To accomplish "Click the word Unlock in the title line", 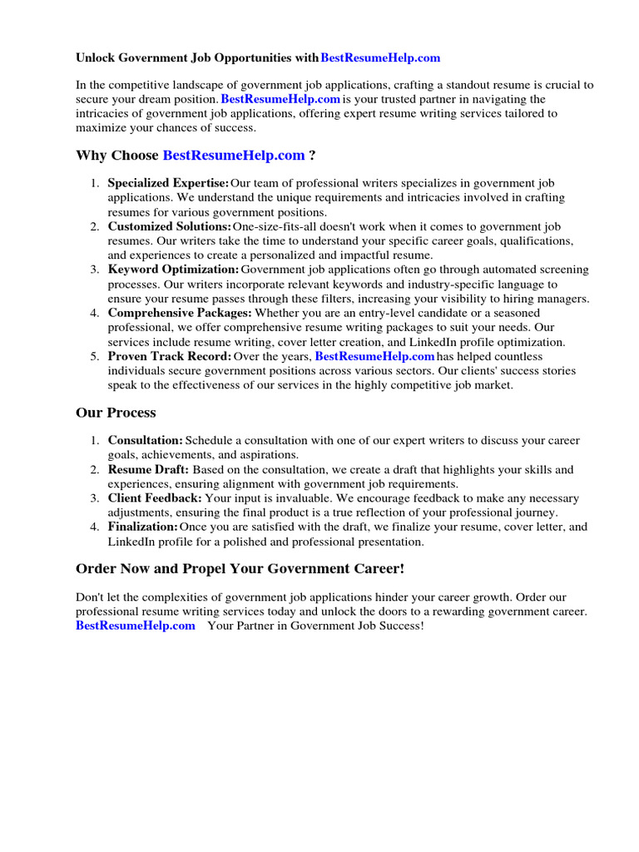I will point(94,58).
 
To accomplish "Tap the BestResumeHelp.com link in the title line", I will point(380,58).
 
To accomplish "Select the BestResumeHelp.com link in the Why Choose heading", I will point(234,155).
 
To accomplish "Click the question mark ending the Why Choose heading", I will point(312,155).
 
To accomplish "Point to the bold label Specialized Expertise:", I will point(168,183).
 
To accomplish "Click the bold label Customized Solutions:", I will point(170,226).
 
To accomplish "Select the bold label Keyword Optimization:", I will point(173,270).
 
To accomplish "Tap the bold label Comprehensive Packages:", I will point(180,313).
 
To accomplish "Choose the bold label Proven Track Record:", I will point(170,356).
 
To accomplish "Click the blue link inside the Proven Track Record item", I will point(374,356).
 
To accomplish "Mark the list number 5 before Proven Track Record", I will point(95,356).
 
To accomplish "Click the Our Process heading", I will point(116,413).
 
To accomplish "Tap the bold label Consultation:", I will point(146,440).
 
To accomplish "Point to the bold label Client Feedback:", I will point(155,498).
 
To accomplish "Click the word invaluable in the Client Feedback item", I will point(288,498).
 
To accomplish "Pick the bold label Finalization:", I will point(143,527).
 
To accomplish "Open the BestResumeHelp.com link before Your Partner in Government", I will point(136,626).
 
